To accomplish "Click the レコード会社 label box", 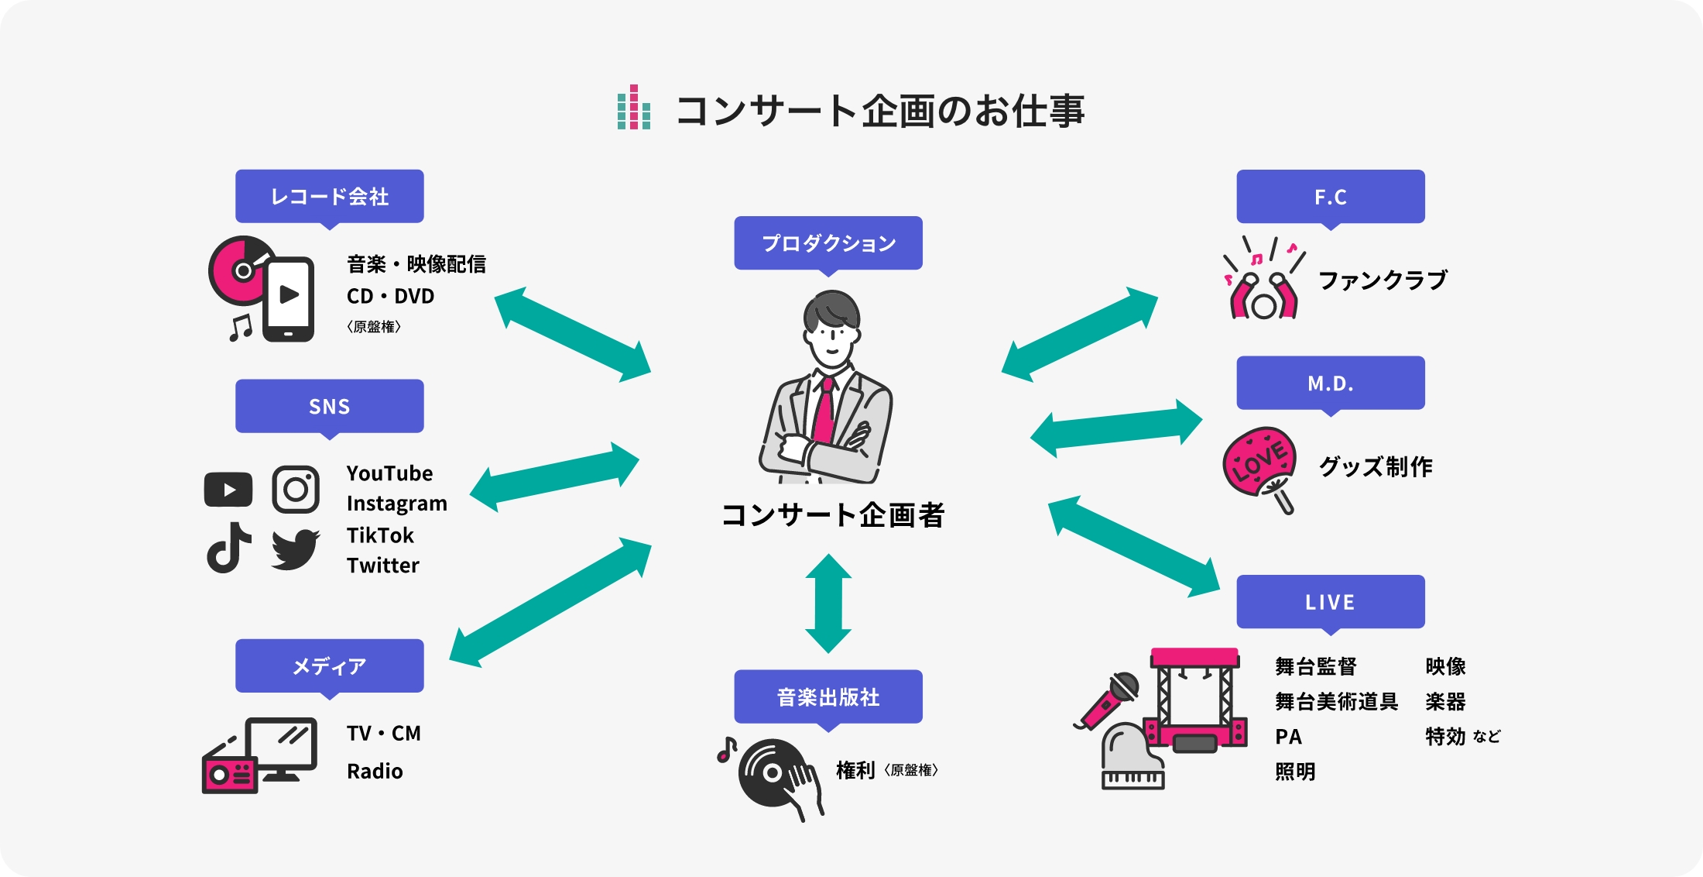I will tap(329, 196).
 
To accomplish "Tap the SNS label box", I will tap(329, 406).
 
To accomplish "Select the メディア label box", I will tap(329, 665).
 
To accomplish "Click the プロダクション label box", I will tap(828, 242).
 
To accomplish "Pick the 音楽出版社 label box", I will tap(828, 696).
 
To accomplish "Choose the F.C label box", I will tap(1330, 197).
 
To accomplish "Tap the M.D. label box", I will tap(1330, 383).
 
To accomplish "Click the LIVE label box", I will tap(1330, 602).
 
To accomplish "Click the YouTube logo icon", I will tap(228, 490).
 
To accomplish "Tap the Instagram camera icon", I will tap(296, 490).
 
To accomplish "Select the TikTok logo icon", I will tap(228, 548).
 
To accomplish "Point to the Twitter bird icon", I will tap(295, 549).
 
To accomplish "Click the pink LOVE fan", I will tap(1259, 462).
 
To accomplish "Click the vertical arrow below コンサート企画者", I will tap(828, 603).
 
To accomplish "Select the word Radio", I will tap(375, 772).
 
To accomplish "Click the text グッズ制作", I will tap(1376, 466).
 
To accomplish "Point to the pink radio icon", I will tap(230, 773).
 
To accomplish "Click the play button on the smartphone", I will tap(290, 294).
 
